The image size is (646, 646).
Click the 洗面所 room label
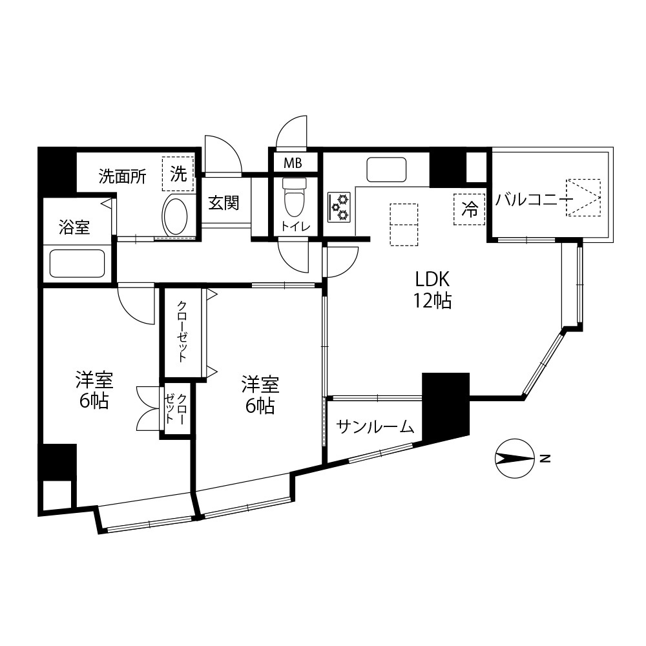122,177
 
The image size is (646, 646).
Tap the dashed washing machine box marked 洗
178,174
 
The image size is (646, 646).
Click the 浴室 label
74,227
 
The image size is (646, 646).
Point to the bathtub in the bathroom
77,264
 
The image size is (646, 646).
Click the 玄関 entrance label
224,203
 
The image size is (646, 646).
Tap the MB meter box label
293,163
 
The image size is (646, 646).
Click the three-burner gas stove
339,207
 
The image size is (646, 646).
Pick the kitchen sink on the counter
386,169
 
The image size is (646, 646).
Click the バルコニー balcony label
534,200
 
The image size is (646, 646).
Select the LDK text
432,280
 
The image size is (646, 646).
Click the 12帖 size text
433,301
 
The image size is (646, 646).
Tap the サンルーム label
375,427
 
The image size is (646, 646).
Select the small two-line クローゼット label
176,409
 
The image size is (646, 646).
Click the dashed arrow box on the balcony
583,197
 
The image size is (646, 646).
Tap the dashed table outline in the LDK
404,225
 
